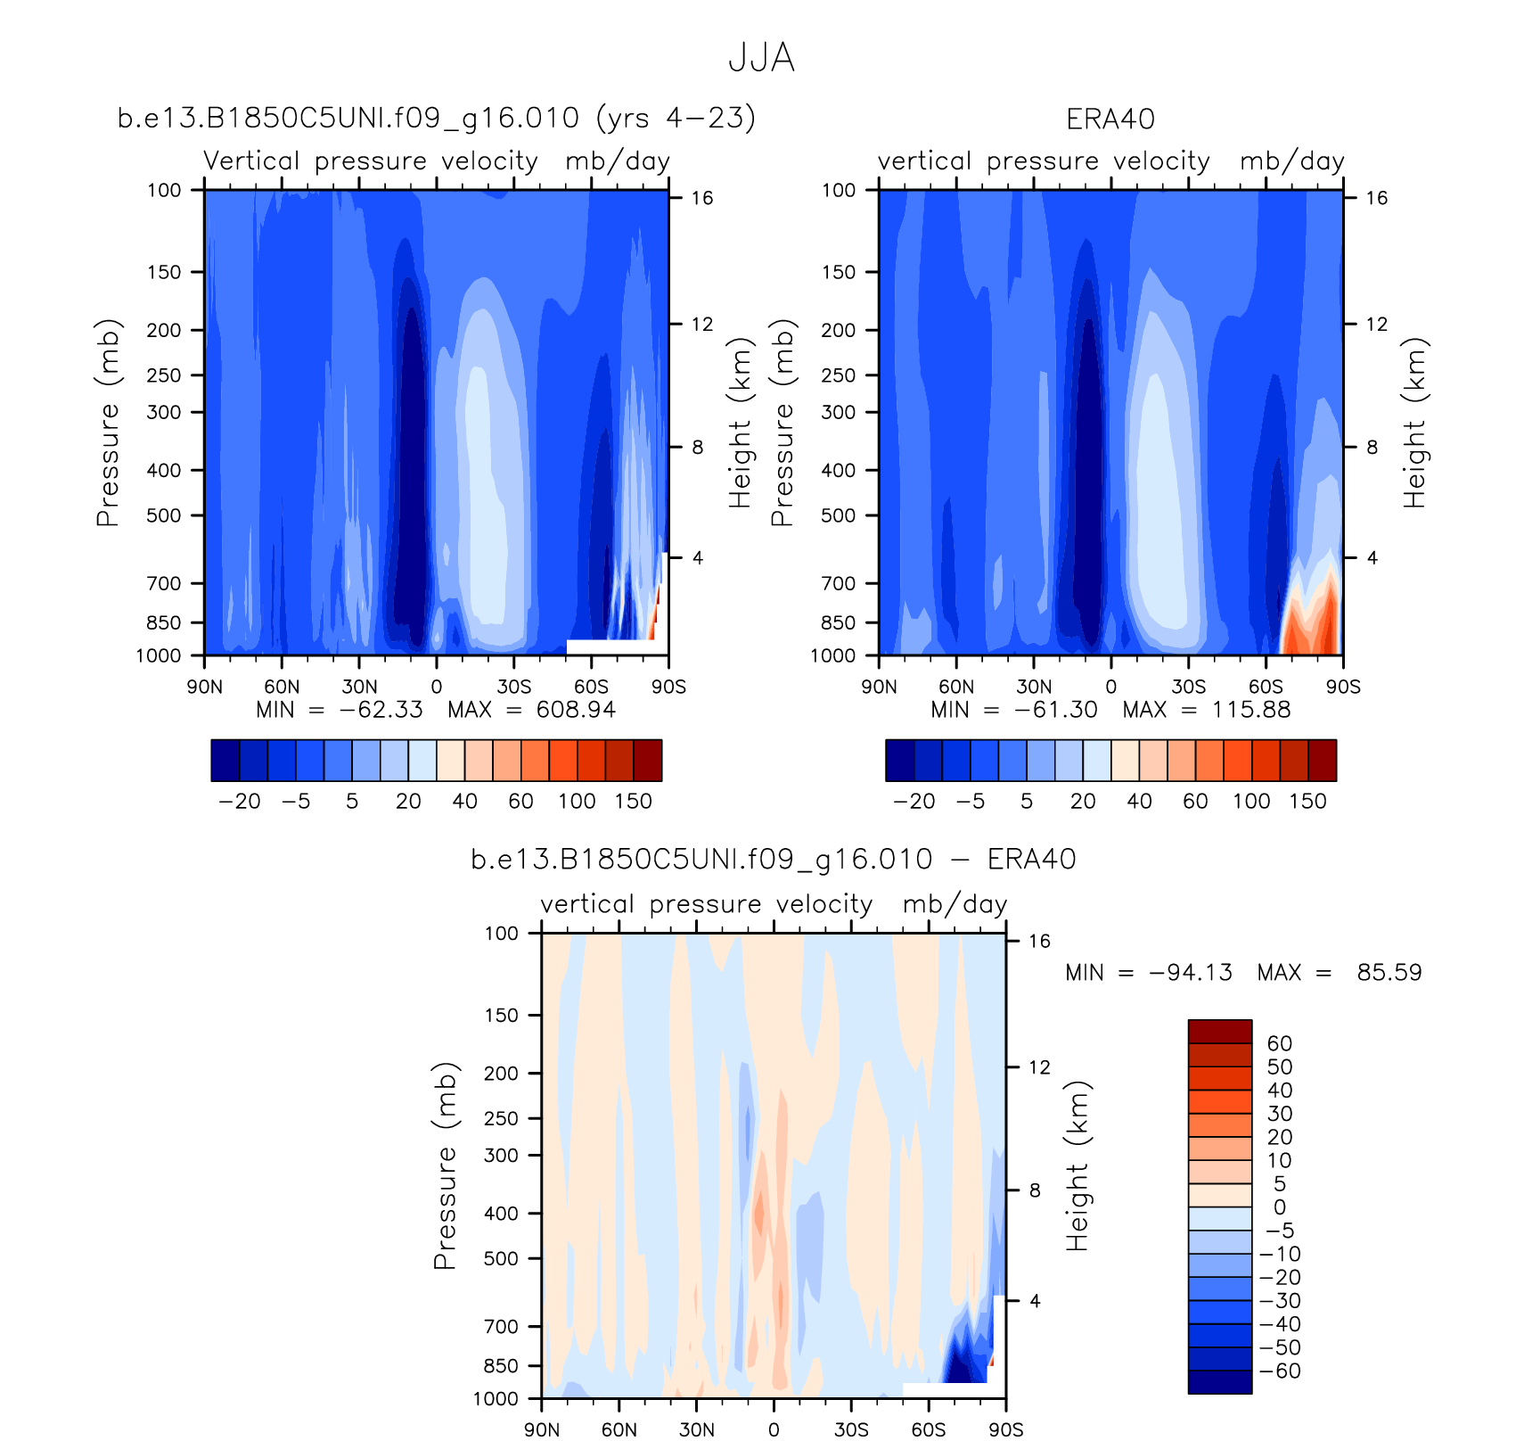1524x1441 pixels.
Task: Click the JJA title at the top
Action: pyautogui.click(x=760, y=58)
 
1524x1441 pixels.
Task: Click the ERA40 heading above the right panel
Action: pyautogui.click(x=1110, y=119)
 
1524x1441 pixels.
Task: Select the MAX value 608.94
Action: pyautogui.click(x=576, y=710)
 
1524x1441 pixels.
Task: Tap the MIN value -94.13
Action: pyautogui.click(x=1191, y=972)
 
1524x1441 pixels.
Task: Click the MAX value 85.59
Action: pyautogui.click(x=1389, y=972)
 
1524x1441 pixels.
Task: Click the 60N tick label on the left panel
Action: pyautogui.click(x=282, y=687)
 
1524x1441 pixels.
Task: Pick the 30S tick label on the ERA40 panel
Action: pyautogui.click(x=1188, y=687)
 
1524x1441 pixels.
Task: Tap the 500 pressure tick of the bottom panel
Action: pyautogui.click(x=500, y=1258)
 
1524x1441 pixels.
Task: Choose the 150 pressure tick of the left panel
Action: pyautogui.click(x=164, y=272)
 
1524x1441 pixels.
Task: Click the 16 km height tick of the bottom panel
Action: pyautogui.click(x=1039, y=941)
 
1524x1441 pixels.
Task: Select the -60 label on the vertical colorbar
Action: pyautogui.click(x=1280, y=1371)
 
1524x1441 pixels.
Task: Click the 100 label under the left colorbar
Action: pyautogui.click(x=577, y=801)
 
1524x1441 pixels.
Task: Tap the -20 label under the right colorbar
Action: pyautogui.click(x=914, y=801)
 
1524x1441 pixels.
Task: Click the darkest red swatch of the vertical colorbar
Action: pyautogui.click(x=1219, y=1031)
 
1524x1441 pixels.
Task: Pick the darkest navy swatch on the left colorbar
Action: pyautogui.click(x=225, y=760)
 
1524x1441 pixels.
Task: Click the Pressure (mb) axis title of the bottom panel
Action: pyautogui.click(x=445, y=1165)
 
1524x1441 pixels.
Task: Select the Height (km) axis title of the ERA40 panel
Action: pyautogui.click(x=1414, y=423)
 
